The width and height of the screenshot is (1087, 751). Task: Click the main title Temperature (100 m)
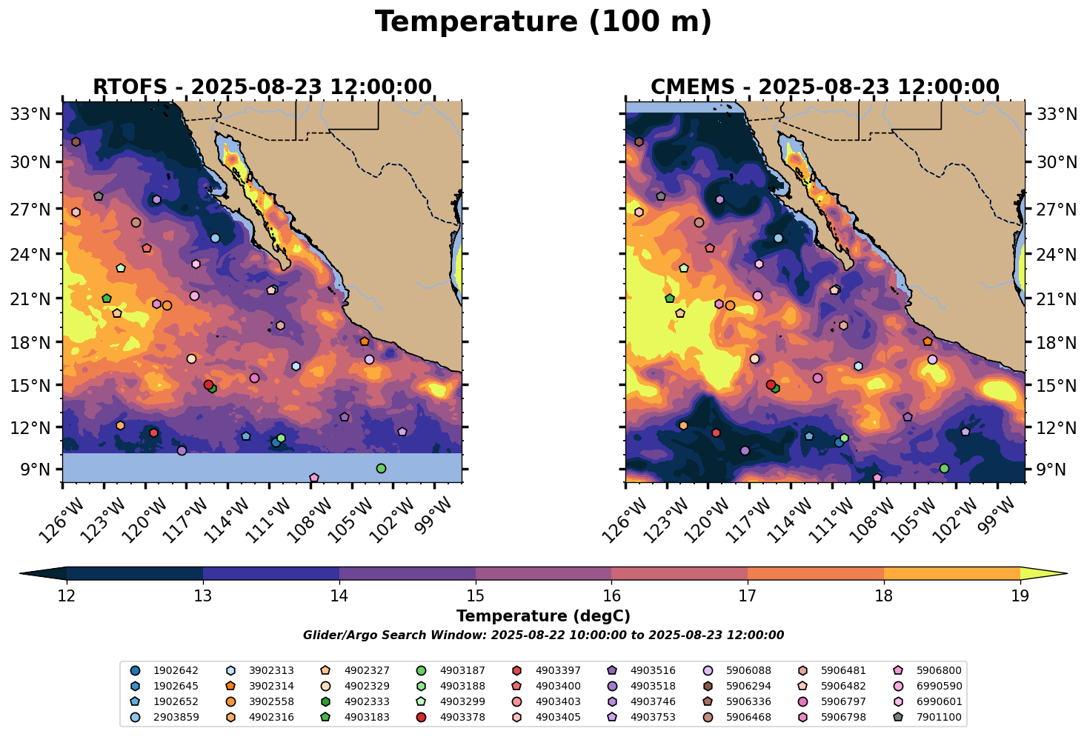[x=543, y=22]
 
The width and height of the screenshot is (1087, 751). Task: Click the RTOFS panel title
[x=262, y=87]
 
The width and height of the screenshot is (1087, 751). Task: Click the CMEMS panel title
[x=825, y=87]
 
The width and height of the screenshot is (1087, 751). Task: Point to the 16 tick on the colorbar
[x=611, y=596]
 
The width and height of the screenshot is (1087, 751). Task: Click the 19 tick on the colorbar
[x=1020, y=596]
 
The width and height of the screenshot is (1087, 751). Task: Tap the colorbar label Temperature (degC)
[x=543, y=616]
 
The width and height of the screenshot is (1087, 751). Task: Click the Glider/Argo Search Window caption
[x=543, y=635]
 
